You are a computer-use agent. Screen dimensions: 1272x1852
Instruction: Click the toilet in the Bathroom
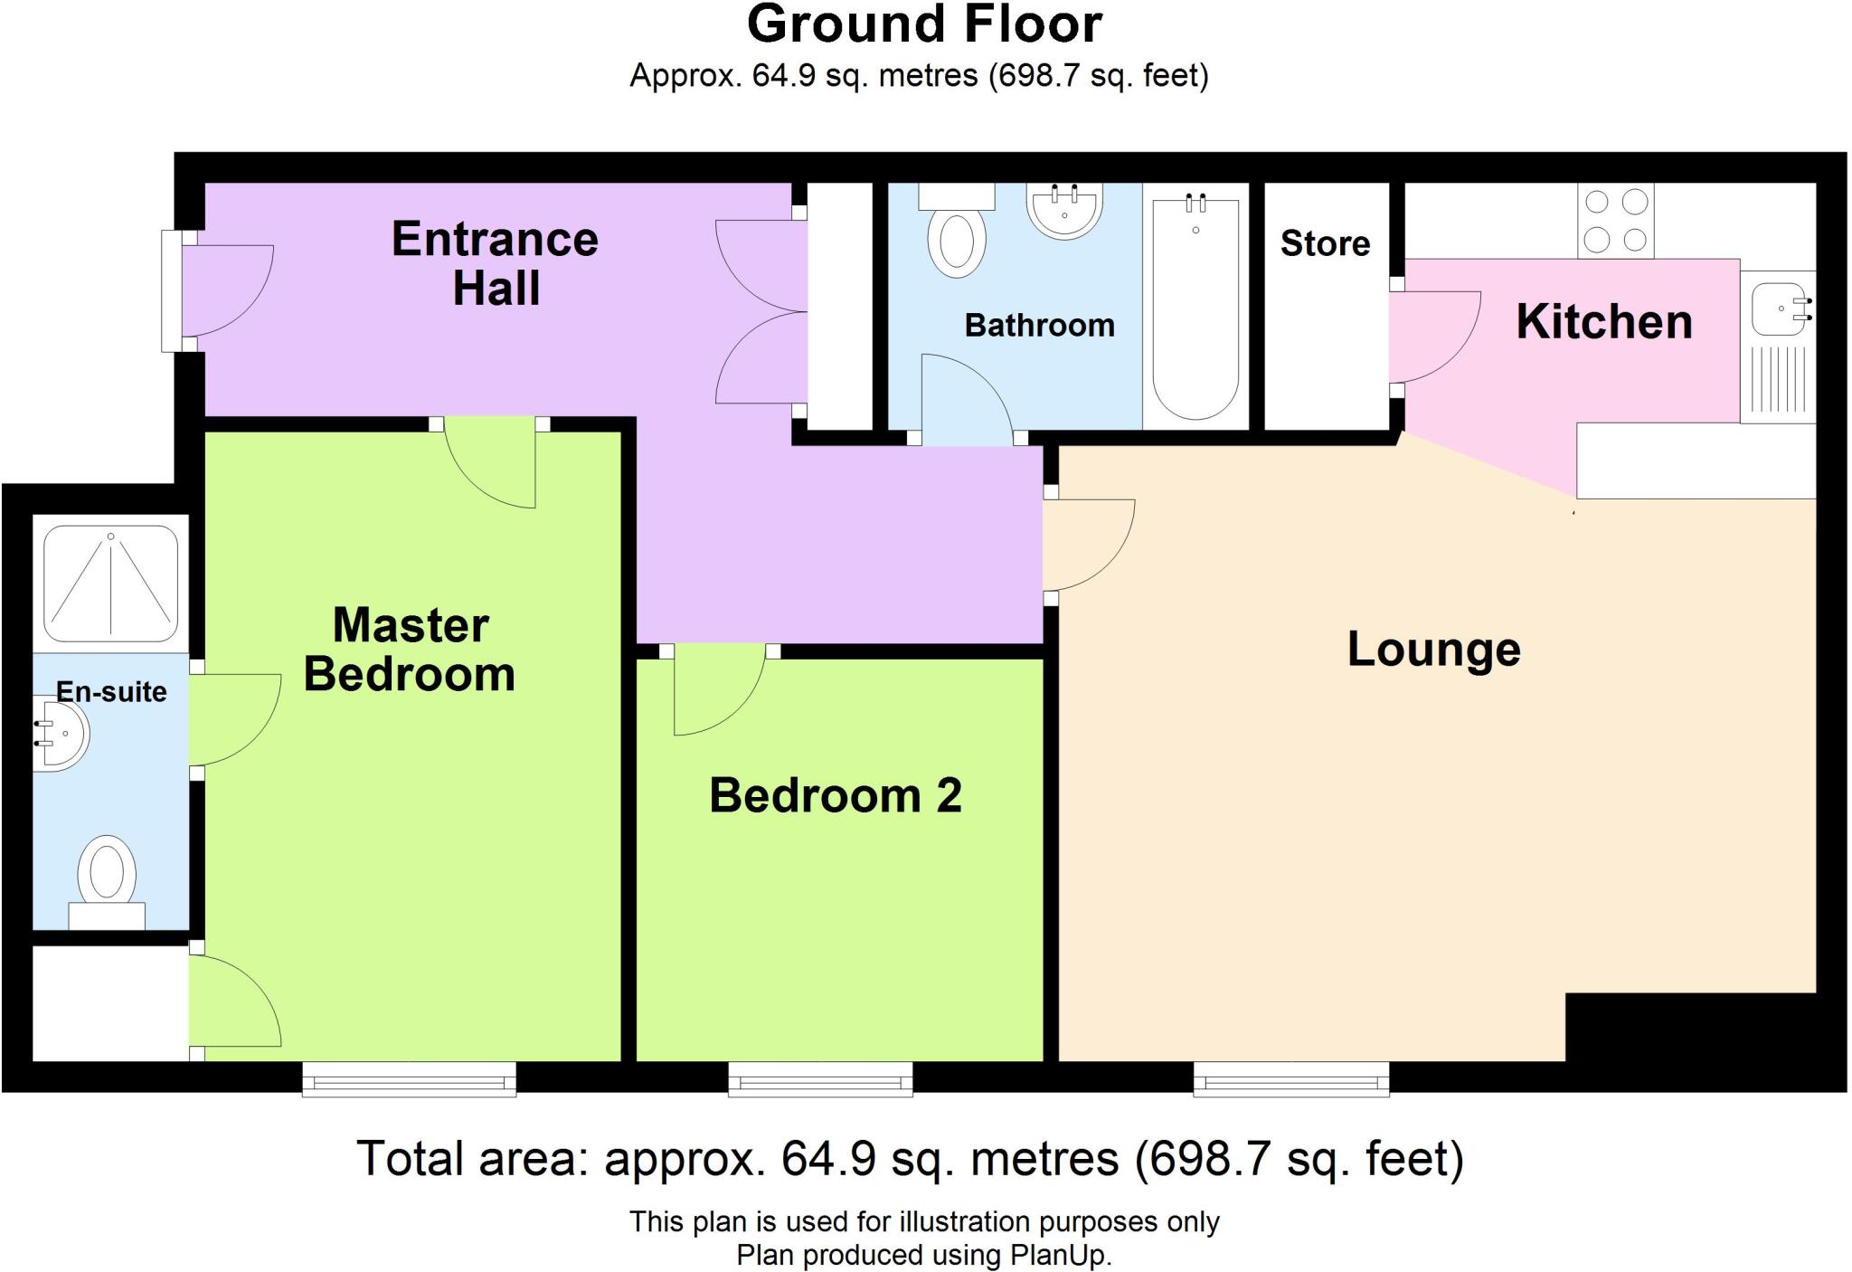957,237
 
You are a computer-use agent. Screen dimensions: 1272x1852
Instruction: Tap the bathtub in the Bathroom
1195,308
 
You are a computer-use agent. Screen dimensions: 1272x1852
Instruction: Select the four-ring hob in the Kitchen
1615,221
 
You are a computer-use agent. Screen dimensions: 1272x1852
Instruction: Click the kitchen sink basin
1778,309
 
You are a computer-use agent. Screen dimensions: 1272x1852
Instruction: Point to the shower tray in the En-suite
110,584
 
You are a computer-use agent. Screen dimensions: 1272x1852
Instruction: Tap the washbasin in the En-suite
61,733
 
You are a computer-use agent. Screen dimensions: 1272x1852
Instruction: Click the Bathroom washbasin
1064,211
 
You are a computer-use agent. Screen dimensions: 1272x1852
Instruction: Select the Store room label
1325,243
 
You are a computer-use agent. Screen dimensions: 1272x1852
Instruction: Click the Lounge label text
1433,650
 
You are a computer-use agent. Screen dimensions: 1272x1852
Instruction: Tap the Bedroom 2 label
835,796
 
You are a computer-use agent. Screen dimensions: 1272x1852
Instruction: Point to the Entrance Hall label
495,263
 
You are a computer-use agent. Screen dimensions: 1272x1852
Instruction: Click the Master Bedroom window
409,1078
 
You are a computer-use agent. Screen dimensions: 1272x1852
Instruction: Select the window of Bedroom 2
820,1078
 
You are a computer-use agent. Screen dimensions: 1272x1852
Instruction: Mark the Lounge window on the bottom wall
1290,1078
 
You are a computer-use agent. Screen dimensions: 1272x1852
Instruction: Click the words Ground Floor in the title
924,24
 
